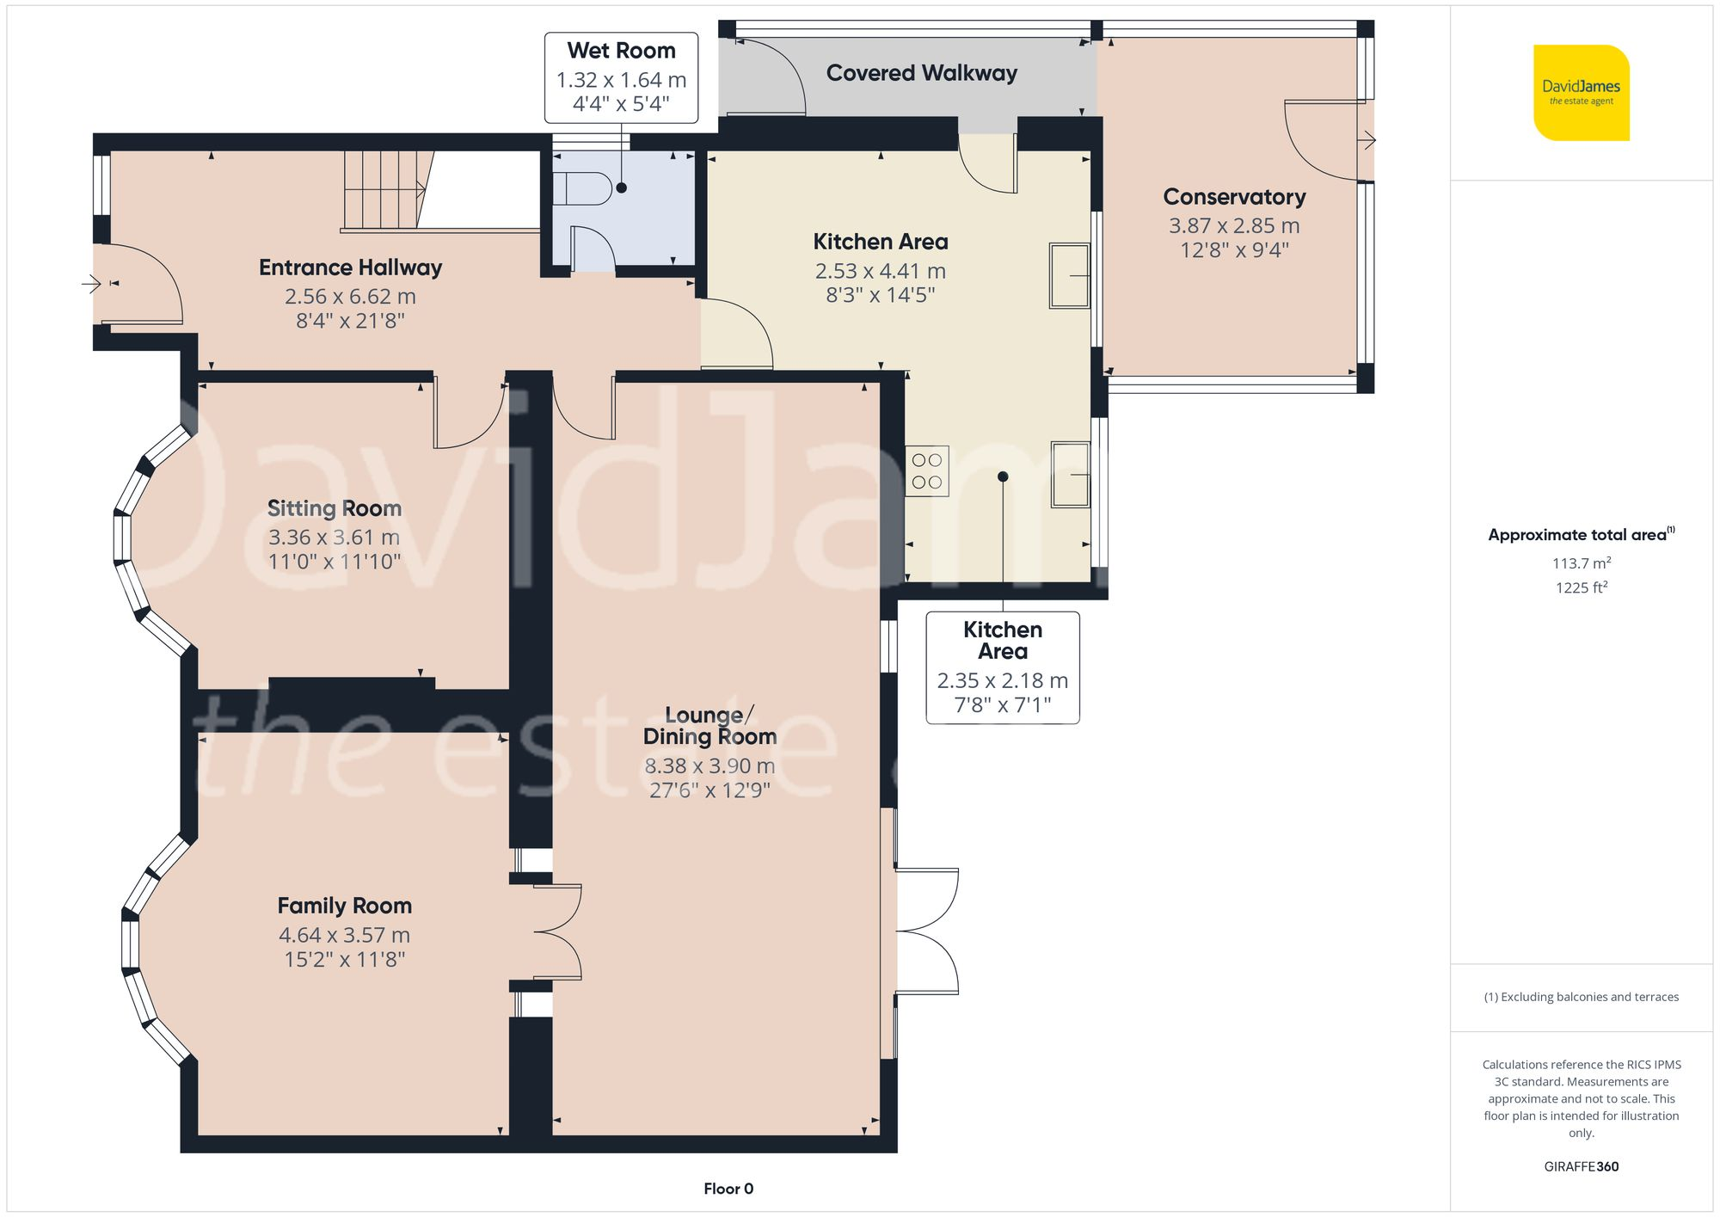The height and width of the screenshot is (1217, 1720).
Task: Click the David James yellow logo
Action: coord(1581,93)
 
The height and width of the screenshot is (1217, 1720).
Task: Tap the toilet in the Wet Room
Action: coord(580,188)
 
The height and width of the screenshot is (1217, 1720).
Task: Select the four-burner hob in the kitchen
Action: coord(927,471)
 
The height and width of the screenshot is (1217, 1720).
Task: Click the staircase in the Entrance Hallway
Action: coord(383,189)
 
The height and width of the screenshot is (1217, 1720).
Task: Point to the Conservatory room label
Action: coord(1234,197)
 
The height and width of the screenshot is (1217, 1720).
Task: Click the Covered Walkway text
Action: coord(921,73)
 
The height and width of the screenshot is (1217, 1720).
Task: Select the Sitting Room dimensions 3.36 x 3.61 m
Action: coord(334,538)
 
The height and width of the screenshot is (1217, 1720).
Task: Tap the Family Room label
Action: coord(344,906)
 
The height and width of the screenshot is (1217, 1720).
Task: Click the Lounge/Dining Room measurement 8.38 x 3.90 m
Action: coord(709,765)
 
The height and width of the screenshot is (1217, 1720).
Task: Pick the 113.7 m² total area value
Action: coord(1581,563)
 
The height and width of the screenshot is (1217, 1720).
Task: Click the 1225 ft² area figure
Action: coord(1581,587)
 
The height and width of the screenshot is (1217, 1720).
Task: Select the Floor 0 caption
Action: coord(728,1189)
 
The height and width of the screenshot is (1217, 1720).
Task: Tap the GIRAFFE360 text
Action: coord(1581,1166)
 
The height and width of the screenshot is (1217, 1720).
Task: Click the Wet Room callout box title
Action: coord(621,51)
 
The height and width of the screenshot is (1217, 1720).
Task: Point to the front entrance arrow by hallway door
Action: coord(91,283)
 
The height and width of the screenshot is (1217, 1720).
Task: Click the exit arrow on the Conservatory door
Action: coord(1367,140)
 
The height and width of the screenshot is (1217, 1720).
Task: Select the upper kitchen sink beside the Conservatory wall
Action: coord(1069,276)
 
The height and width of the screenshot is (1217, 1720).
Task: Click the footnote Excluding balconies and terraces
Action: coord(1581,997)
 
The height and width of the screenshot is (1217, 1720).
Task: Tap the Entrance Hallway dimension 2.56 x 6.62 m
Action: coord(350,297)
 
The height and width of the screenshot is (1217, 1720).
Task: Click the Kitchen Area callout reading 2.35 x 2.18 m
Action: coord(1002,680)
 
